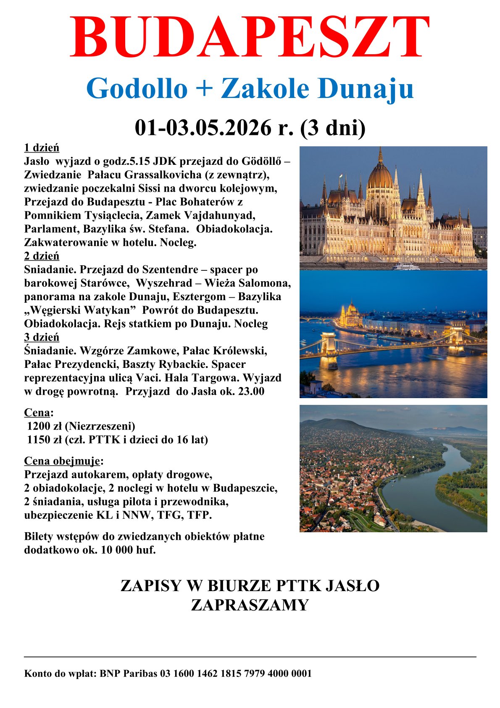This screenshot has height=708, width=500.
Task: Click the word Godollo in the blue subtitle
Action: click(137, 89)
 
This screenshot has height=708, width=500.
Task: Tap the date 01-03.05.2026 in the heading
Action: click(203, 128)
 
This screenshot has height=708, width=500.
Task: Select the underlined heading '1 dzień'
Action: click(42, 148)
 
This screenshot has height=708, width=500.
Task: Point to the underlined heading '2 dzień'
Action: click(42, 256)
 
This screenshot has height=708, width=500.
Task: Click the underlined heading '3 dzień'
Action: click(42, 337)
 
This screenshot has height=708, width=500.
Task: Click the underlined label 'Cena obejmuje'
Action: click(62, 461)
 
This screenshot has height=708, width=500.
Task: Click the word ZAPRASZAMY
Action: click(250, 605)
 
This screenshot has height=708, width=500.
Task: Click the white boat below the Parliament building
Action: click(406, 267)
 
